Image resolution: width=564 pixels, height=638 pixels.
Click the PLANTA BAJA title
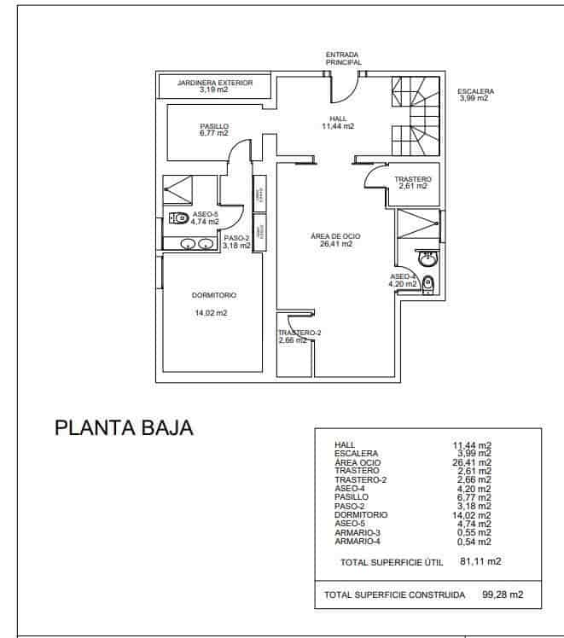click(125, 427)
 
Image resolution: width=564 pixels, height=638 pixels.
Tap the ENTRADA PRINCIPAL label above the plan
click(343, 58)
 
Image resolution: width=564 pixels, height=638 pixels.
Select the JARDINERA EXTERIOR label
click(214, 83)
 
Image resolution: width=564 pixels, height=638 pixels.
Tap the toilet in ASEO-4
click(428, 285)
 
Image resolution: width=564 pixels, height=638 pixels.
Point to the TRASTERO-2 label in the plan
click(299, 333)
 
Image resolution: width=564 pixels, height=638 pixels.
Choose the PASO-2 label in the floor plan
click(236, 238)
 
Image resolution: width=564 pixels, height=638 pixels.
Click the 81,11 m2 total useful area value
click(480, 562)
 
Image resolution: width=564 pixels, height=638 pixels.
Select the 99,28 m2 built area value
click(502, 594)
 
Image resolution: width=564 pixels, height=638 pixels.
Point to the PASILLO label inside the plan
click(214, 125)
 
